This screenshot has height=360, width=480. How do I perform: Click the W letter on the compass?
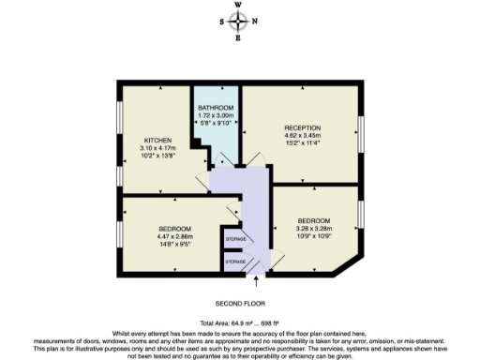coord(240,5)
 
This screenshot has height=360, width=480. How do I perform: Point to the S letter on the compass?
coord(222,22)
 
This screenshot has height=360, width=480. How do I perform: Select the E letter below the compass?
coord(240,39)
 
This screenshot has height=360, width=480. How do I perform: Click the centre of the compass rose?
coord(240,22)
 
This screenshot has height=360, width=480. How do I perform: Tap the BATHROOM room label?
coord(216,108)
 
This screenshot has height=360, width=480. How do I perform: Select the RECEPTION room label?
coord(303,127)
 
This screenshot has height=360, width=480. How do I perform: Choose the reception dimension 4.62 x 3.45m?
coord(303,136)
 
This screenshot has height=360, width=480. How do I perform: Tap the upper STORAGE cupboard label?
coord(235,240)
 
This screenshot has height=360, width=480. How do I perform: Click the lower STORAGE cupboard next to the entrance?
coord(235,262)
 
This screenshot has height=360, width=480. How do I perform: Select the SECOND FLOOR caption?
coord(240,304)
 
